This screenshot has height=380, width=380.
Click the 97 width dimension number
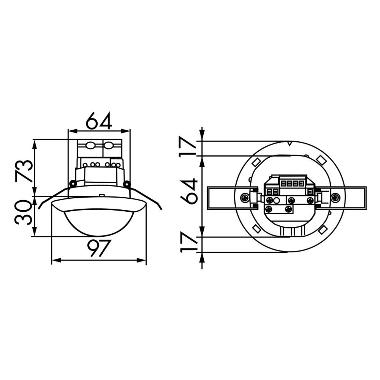pos(99,248)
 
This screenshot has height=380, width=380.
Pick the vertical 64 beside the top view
pos(189,191)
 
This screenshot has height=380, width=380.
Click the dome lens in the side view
pos(99,222)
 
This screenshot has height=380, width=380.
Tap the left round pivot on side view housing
pos(73,184)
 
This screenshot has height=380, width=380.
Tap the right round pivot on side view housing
pos(127,184)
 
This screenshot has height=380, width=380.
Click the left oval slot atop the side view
pos(90,145)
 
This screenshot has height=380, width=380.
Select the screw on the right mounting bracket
pos(335,198)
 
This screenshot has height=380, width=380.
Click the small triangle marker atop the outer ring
pos(290,144)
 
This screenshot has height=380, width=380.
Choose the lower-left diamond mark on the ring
pos(256,229)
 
